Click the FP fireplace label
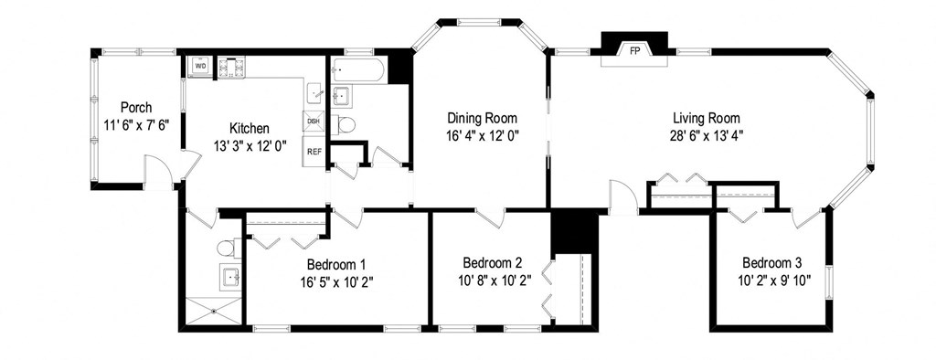633,51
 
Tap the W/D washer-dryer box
200,67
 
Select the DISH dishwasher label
314,122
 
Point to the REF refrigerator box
314,151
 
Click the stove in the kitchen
233,67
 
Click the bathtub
357,69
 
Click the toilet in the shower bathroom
227,247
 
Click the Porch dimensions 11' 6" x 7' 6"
135,125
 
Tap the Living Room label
706,118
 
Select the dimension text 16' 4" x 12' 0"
482,135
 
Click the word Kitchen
250,128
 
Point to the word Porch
135,108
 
